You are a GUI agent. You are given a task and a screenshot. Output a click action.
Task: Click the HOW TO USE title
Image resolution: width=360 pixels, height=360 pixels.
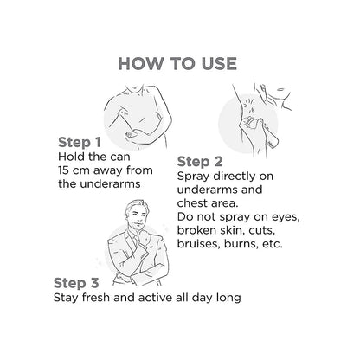point(177,64)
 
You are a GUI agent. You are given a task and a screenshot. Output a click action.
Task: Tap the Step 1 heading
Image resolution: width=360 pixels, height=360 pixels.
point(80,142)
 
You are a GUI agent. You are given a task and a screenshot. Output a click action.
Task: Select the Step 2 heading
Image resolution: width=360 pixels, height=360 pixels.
point(200,162)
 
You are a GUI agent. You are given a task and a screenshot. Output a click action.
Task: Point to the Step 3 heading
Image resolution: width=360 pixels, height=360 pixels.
point(76,283)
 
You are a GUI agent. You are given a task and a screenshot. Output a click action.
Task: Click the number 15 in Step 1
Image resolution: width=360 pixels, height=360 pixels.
point(63,170)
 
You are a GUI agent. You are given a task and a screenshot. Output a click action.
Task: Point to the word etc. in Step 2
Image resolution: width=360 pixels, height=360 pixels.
point(273,244)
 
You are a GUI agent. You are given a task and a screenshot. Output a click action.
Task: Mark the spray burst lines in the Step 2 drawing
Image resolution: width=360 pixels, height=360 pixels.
point(249,105)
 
